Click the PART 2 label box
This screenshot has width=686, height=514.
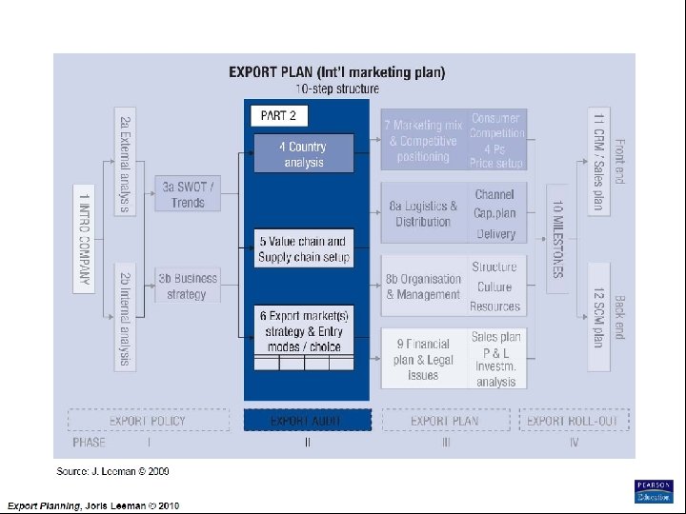pos(279,115)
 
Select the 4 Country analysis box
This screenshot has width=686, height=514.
pos(303,155)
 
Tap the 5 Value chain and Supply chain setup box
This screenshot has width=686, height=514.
pos(303,248)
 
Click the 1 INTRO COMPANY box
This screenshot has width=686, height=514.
pos(85,238)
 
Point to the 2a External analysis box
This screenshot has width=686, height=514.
pos(125,164)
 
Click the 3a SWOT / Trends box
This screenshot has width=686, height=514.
pos(188,195)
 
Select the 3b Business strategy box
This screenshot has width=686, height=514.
pos(188,286)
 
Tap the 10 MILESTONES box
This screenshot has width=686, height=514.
pos(557,238)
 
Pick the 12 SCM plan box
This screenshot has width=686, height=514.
pos(598,306)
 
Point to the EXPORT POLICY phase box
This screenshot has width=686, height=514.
pos(149,420)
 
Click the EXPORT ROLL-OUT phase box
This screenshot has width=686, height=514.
pos(574,420)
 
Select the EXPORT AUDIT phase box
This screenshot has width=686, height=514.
pos(307,420)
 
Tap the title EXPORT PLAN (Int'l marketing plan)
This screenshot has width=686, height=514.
pos(336,71)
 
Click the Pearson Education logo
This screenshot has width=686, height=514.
pos(654,490)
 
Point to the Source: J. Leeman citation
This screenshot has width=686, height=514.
pos(112,471)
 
